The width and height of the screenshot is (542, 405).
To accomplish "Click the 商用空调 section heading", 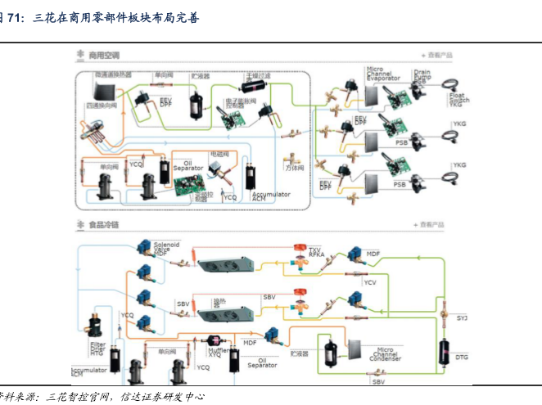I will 104,55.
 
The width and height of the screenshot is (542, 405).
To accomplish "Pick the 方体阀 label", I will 295,168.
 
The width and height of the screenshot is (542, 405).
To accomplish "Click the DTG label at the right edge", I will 462,357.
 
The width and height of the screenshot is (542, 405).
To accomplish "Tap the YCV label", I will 370,282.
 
